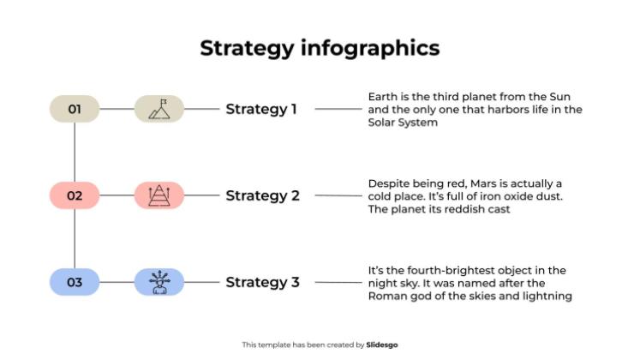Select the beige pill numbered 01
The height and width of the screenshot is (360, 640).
(x=75, y=109)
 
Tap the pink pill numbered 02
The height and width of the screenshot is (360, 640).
(x=75, y=195)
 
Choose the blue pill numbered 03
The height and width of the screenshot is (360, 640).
(x=75, y=282)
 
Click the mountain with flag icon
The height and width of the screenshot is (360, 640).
(x=159, y=109)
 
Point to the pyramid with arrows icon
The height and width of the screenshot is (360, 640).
(x=159, y=195)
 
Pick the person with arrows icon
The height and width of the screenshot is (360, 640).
(x=159, y=282)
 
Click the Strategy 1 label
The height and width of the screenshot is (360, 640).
(x=261, y=109)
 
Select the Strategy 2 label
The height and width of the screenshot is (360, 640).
(x=262, y=195)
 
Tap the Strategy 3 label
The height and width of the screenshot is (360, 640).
(x=262, y=282)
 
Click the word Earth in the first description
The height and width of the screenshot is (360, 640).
(x=382, y=96)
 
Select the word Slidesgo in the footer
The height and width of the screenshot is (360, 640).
(x=382, y=345)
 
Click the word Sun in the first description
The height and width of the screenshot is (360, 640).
(x=568, y=96)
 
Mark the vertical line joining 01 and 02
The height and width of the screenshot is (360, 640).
(x=75, y=152)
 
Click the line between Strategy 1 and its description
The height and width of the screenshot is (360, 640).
(x=339, y=109)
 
